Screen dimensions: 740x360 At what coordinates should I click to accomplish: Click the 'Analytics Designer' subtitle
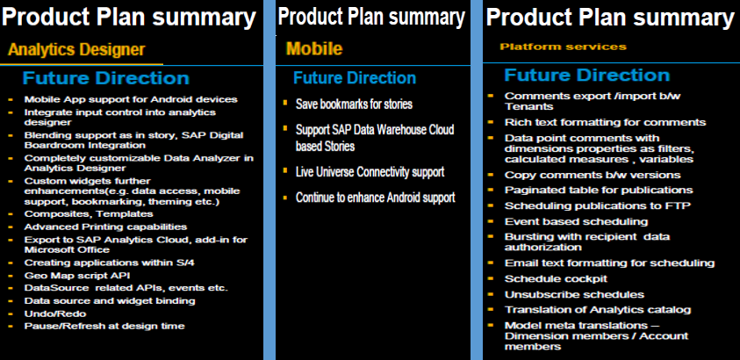tap(76, 49)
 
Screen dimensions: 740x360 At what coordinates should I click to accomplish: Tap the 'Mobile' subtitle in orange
tap(314, 48)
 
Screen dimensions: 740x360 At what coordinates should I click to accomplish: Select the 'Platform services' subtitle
tap(563, 47)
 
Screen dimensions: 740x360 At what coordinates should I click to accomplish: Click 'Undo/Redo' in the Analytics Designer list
tap(55, 313)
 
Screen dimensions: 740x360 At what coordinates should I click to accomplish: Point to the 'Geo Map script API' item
tap(77, 276)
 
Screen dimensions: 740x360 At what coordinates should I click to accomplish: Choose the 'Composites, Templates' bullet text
tap(89, 214)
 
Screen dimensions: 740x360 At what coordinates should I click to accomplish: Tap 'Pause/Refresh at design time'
tap(104, 326)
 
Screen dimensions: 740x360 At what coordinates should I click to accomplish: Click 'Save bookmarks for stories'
tap(354, 104)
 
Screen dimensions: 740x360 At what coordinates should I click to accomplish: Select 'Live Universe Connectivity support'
tap(370, 172)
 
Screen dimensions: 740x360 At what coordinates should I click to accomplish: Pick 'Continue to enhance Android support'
tap(375, 198)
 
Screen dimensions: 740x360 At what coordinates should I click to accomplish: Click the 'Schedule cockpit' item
tap(556, 279)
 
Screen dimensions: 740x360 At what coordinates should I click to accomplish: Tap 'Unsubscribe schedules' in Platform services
tap(574, 294)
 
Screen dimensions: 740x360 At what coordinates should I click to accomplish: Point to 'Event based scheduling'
tap(576, 221)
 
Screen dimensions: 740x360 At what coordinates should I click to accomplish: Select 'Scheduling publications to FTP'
tap(598, 205)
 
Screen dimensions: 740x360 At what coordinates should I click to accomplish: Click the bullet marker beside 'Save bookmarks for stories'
tap(285, 103)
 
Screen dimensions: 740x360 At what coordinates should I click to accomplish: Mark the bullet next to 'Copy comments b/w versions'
tap(491, 174)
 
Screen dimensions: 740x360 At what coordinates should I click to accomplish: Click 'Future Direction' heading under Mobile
tap(355, 78)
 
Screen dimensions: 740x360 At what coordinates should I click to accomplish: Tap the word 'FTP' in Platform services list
tap(679, 205)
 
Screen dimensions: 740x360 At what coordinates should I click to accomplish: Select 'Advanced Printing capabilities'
tap(105, 227)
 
